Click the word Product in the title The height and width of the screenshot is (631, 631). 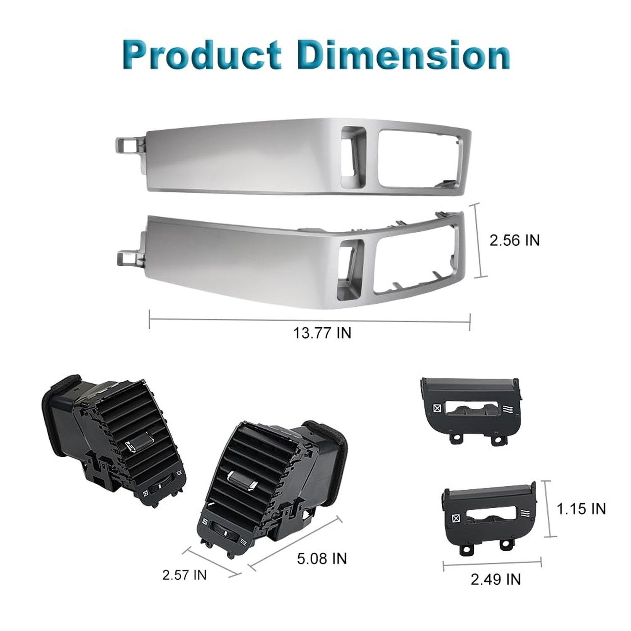tap(202, 55)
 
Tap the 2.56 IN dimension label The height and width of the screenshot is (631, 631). tap(514, 240)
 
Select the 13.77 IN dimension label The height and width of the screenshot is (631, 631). tap(322, 333)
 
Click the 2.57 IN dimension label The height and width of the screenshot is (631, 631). tap(185, 575)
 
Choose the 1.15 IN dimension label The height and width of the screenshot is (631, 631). tap(581, 509)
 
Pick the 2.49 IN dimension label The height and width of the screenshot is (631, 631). tap(496, 579)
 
